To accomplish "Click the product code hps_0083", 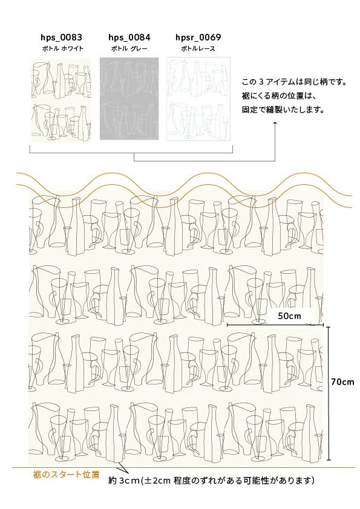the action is coord(61,37).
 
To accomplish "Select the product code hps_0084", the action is coord(129,37).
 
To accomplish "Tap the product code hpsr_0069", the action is coord(198,37).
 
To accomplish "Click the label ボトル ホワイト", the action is coord(63,49).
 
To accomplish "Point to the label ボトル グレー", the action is coord(129,49).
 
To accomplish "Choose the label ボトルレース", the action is coord(198,49).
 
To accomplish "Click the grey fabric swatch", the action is coord(129,99).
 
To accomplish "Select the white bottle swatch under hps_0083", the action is coord(61,100).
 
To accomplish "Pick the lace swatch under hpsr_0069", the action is coord(198,99).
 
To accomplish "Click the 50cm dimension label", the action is coord(289,316).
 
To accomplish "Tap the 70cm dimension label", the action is coord(343,382).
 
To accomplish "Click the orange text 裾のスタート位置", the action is coord(67,475).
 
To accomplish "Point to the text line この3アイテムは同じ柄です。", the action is coord(295,82).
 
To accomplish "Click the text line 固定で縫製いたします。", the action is coord(284,110).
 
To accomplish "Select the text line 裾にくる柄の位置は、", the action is coord(279,96).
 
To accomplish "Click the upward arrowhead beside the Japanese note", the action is coord(275,123).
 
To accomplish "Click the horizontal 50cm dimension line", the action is coord(275,325).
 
